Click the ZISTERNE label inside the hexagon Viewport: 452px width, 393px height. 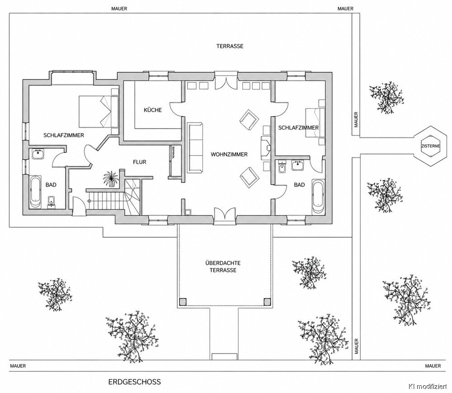pos(431,146)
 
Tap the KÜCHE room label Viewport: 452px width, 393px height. pos(153,110)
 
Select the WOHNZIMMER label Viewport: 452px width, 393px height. pos(229,154)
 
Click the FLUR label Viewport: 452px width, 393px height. pos(140,162)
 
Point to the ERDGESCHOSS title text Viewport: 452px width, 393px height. pos(135,382)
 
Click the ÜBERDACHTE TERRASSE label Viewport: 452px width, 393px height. pos(223,267)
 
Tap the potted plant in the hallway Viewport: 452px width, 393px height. pos(111,179)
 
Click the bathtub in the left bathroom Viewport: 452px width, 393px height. pos(36,192)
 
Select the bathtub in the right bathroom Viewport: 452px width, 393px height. pos(318,197)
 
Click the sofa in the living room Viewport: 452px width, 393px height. pos(195,148)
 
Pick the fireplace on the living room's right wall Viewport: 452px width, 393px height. pos(265,148)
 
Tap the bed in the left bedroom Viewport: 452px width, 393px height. pos(99,111)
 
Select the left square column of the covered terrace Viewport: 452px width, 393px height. pos(183,302)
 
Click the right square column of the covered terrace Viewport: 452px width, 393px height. pos(268,302)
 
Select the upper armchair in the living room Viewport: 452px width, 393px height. pos(249,120)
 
